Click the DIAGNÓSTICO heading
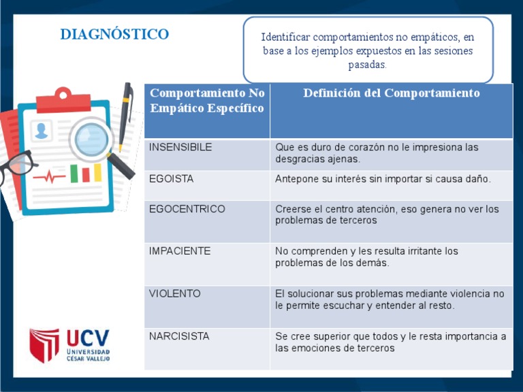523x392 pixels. click(x=114, y=34)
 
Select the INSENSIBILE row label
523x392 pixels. click(x=180, y=147)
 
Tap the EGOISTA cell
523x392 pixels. click(x=171, y=179)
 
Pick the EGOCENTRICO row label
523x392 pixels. click(x=187, y=209)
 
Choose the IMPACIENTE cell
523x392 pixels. click(x=180, y=251)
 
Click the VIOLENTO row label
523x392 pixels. click(x=174, y=294)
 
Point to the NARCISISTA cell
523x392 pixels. click(x=179, y=336)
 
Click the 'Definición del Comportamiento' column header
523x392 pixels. click(x=392, y=93)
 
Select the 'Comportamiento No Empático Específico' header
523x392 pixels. click(x=207, y=100)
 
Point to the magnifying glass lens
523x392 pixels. click(x=91, y=139)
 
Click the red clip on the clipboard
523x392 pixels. click(x=63, y=101)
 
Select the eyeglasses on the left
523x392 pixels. click(x=16, y=166)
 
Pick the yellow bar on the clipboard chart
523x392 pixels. click(x=98, y=173)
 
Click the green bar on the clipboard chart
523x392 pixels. click(x=74, y=174)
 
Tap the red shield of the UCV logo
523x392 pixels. click(x=44, y=345)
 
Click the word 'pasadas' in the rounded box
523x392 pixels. click(x=366, y=65)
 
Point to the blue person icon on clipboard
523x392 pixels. click(x=42, y=131)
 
